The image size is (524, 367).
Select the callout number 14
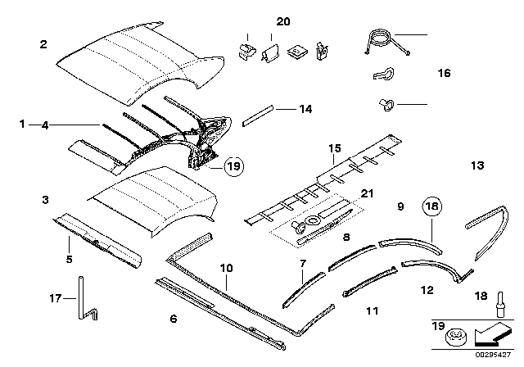[x=283, y=107]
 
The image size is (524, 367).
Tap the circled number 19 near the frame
[x=233, y=167]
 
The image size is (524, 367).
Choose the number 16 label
[x=444, y=73]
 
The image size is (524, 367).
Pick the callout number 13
[x=477, y=165]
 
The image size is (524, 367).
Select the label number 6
[x=173, y=319]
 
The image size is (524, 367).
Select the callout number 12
[x=427, y=288]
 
